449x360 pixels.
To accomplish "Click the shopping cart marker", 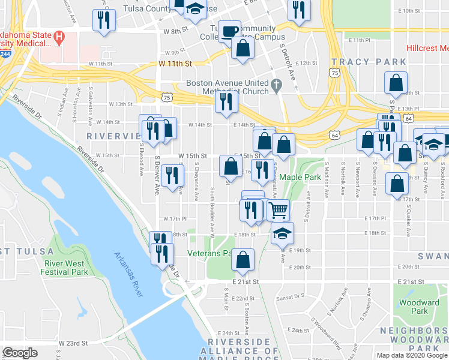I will tap(278, 210).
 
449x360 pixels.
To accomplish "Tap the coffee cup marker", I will tap(229, 30).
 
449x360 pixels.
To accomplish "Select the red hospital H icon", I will tap(59, 38).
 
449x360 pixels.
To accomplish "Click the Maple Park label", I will tap(300, 177).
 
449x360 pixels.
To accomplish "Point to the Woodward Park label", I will tap(420, 307).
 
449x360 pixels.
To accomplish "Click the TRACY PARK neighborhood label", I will tap(361, 62).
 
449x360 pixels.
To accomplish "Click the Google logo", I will tap(20, 353).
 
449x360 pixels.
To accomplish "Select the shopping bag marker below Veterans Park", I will tap(243, 260).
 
